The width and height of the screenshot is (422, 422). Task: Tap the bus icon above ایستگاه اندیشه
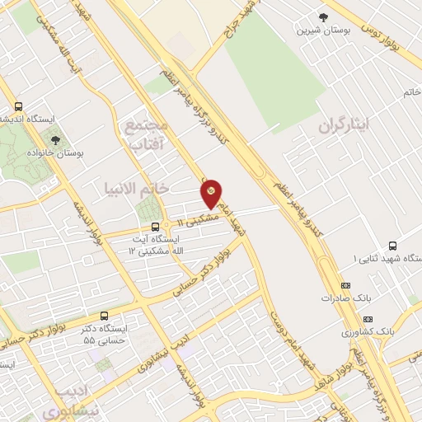pos(18,107)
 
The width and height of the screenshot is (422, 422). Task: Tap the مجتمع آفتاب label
pos(146,135)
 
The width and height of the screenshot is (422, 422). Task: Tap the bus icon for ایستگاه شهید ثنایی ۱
pos(392,245)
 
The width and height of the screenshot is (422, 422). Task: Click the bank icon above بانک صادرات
pos(344,285)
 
